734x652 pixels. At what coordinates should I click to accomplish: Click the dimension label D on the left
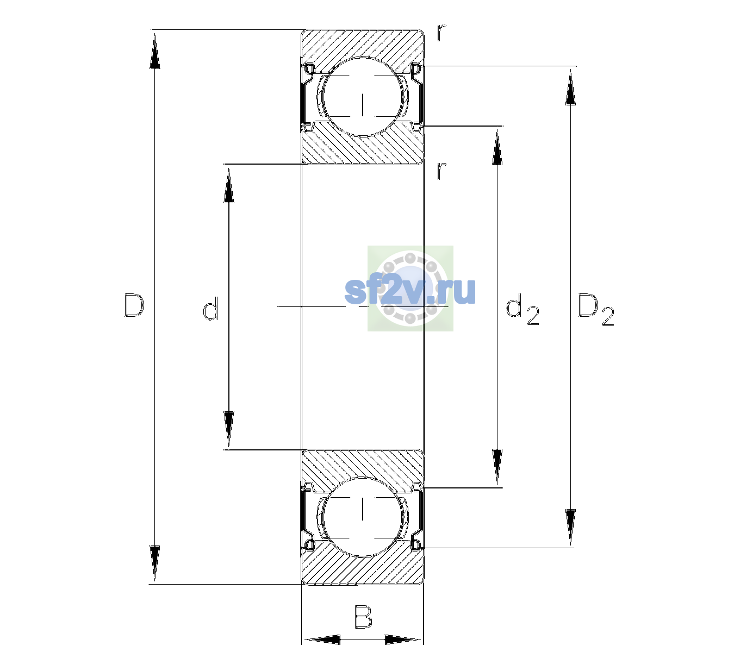click(134, 305)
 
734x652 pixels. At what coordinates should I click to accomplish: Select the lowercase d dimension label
click(210, 309)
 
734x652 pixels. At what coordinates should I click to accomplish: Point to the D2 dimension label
click(595, 310)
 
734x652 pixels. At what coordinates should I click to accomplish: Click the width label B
click(363, 616)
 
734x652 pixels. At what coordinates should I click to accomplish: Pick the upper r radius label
click(441, 33)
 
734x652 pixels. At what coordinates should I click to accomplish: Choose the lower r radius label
click(441, 171)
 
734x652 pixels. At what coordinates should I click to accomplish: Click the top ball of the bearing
click(363, 96)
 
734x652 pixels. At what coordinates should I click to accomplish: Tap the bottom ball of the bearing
click(363, 516)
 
